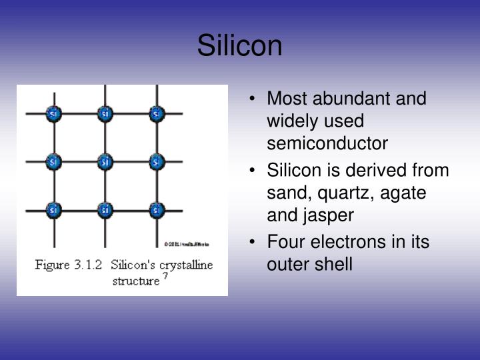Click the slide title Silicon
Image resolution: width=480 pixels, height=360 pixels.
coord(239,46)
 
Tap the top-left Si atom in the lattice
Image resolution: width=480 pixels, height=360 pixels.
coord(54,114)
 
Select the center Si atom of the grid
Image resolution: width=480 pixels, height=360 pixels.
coord(105,161)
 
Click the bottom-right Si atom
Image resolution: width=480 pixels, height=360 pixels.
coord(156,209)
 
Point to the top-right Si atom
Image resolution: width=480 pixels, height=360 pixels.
coord(156,114)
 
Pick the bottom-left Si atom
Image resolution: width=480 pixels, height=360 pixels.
coord(54,209)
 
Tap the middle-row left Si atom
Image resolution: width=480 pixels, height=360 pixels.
coord(54,161)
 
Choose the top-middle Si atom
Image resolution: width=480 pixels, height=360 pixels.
coord(105,114)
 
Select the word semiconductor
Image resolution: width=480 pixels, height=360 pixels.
coord(327,143)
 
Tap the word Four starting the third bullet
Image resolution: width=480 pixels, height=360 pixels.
coord(283,242)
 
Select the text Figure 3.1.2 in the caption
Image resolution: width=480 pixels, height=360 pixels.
coord(67,265)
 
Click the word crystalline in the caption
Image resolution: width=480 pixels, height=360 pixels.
coord(184,265)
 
